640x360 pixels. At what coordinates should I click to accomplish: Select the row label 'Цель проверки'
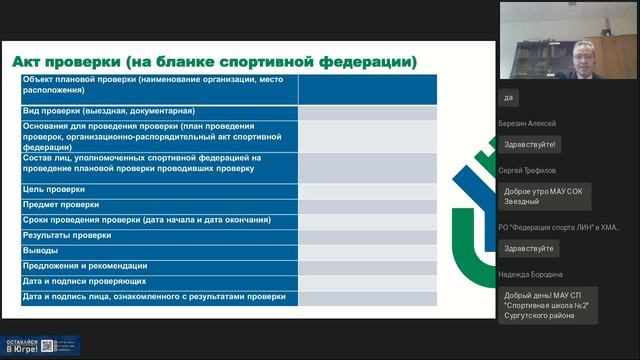tap(55, 189)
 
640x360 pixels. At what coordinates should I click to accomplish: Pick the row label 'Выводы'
tap(42, 250)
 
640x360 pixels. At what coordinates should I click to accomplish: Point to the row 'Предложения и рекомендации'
tap(85, 266)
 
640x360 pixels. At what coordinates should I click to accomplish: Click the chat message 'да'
tap(509, 98)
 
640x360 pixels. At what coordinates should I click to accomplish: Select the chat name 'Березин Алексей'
tap(527, 124)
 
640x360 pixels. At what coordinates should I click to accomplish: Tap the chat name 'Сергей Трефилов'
tap(527, 171)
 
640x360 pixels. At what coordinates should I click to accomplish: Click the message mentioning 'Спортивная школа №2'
tap(547, 305)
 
